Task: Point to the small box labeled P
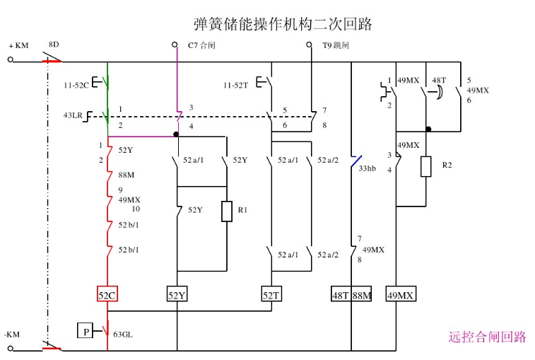point(85,330)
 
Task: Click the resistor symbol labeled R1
point(226,211)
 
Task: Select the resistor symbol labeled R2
point(425,166)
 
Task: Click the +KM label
point(18,46)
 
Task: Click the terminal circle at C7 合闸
point(175,45)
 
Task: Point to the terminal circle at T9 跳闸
point(309,45)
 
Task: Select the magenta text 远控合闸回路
point(487,337)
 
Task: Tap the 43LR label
point(74,115)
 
